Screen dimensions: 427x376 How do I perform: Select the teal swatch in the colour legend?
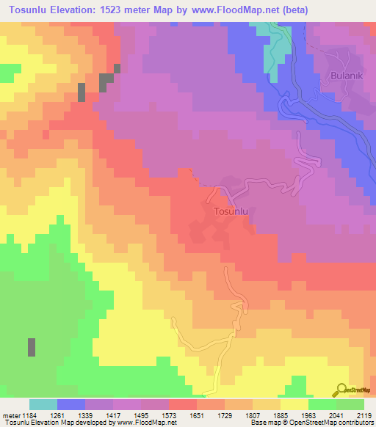tap(43, 404)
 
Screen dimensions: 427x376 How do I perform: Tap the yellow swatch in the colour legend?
tap(294, 404)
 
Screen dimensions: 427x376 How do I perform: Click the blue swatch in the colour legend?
tap(71, 404)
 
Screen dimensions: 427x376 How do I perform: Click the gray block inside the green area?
tap(32, 347)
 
